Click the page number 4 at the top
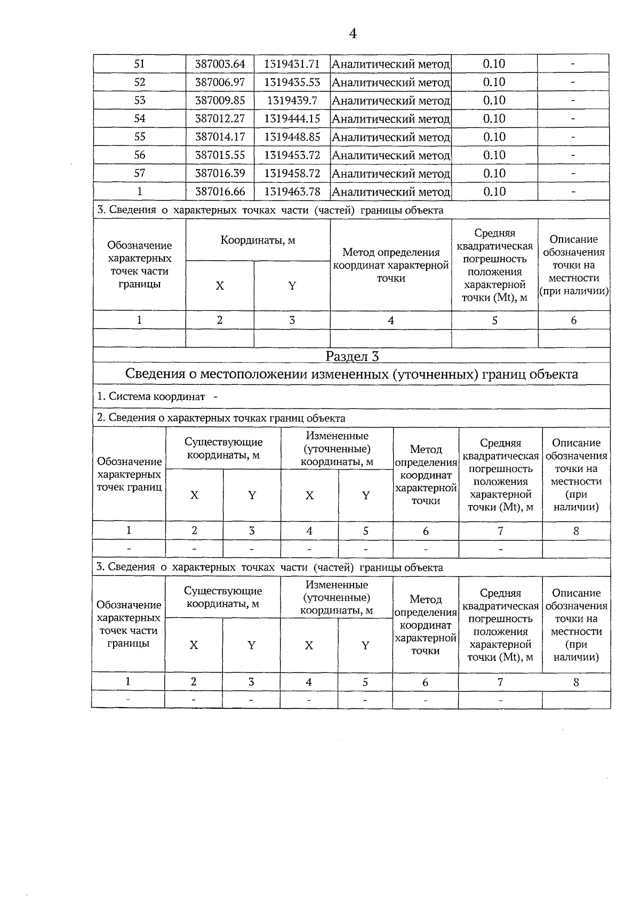[x=353, y=34]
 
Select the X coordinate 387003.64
[x=220, y=64]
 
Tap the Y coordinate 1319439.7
[x=292, y=101]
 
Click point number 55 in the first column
[x=140, y=137]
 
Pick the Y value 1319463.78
[x=292, y=192]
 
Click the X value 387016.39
[x=220, y=173]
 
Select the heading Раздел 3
[x=352, y=356]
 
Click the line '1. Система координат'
[x=157, y=397]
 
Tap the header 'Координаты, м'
[x=258, y=240]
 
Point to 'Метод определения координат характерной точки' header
[x=391, y=265]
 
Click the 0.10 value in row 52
[x=494, y=82]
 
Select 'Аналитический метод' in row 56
[x=391, y=156]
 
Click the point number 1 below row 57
[x=140, y=192]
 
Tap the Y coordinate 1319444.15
[x=292, y=119]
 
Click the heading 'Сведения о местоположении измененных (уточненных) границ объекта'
[x=351, y=374]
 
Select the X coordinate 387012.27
[x=220, y=119]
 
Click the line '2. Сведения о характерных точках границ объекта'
[x=221, y=418]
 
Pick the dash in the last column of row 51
[x=573, y=64]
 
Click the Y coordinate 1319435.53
[x=292, y=82]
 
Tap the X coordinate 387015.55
[x=220, y=155]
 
